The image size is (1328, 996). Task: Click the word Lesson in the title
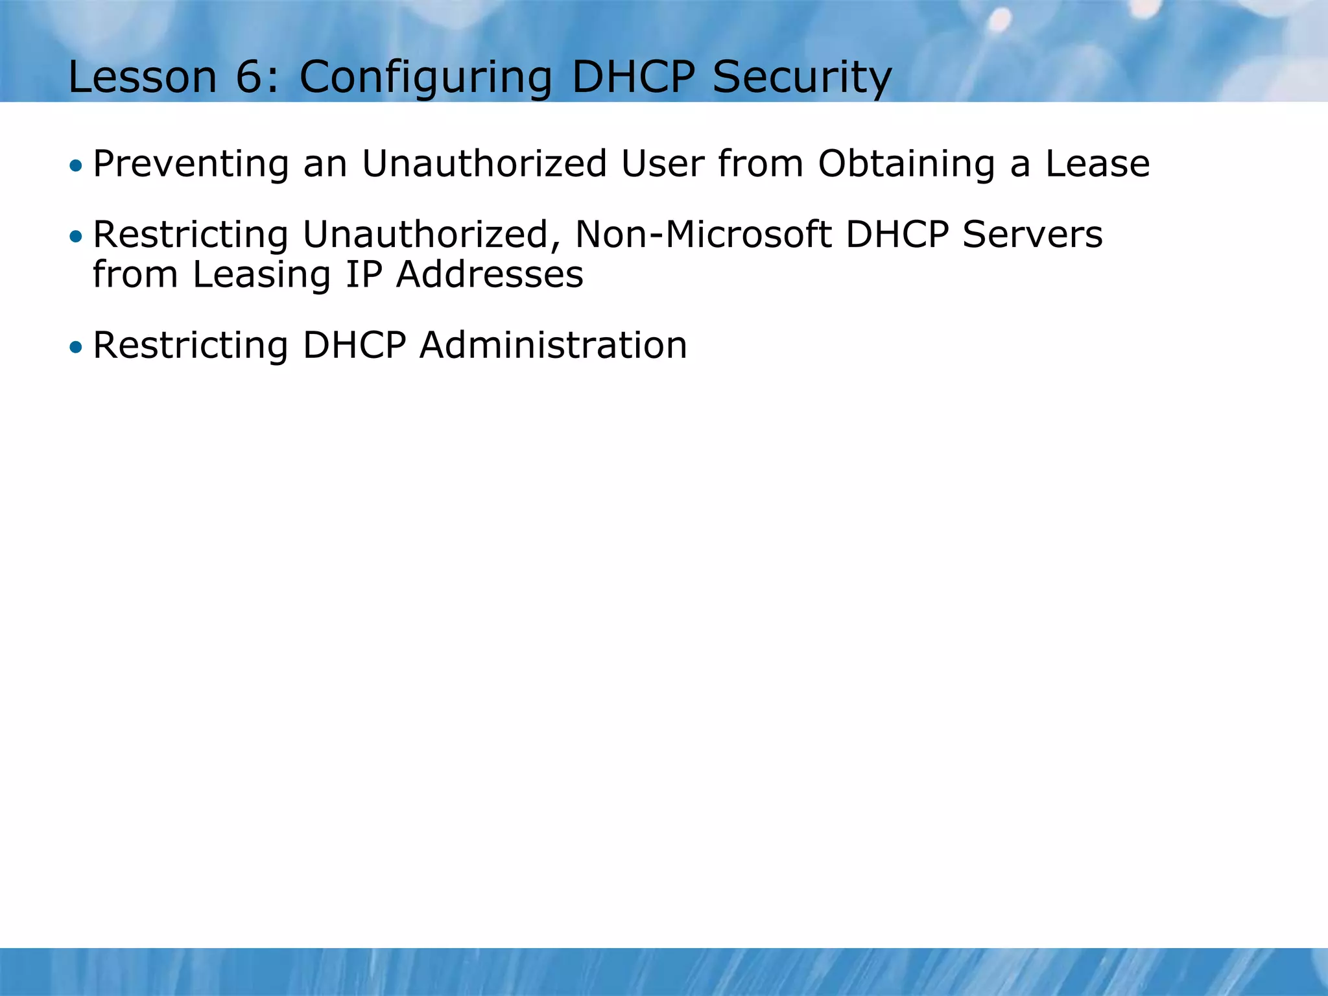coord(143,77)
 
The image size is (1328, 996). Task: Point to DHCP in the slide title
coord(633,77)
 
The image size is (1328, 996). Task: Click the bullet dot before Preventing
coord(77,165)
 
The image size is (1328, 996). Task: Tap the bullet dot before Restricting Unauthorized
coord(77,237)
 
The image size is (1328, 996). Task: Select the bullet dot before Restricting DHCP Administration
coord(77,348)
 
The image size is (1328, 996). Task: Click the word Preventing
coord(191,164)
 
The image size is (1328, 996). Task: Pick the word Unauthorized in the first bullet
coord(484,163)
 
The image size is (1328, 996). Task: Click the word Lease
coord(1098,163)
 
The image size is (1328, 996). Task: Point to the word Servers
coord(1032,235)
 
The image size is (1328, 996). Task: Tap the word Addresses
coord(490,274)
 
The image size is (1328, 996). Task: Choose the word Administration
coord(553,346)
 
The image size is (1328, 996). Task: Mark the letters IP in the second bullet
coord(364,274)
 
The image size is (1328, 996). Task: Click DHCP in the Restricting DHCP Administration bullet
coord(355,346)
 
